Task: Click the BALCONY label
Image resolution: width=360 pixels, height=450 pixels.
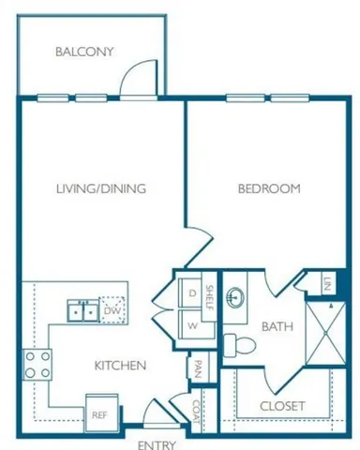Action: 84,52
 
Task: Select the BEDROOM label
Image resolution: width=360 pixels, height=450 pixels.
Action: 267,188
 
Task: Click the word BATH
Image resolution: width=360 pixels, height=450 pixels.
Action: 277,327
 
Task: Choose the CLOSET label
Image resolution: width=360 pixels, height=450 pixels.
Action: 281,406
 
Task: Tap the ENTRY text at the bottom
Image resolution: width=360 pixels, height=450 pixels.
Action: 157,444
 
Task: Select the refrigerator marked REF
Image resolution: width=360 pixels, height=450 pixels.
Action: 98,412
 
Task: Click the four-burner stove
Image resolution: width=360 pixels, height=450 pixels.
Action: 37,365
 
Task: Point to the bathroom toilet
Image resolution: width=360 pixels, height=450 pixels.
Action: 242,344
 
